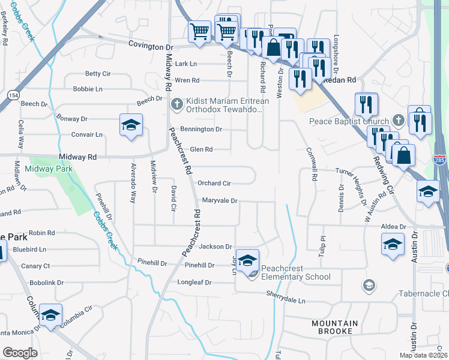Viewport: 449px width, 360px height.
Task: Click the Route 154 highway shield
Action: point(12,95)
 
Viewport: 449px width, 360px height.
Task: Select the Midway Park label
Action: point(49,169)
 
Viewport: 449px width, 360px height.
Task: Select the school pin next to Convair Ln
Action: point(131,125)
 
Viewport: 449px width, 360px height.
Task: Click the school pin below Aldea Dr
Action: point(393,245)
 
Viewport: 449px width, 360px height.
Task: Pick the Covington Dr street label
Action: point(150,46)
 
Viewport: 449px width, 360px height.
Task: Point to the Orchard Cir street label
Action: point(214,184)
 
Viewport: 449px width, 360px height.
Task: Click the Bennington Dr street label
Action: point(202,129)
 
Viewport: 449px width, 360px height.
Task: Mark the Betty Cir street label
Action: point(98,74)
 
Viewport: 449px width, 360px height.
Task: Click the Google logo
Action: point(20,352)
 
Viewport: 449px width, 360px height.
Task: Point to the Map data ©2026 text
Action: point(423,355)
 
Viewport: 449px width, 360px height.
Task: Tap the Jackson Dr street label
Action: point(215,247)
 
